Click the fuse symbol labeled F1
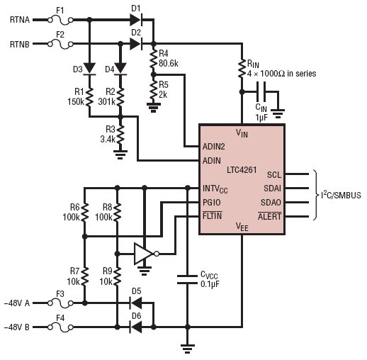(x=60, y=21)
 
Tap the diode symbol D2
(x=136, y=44)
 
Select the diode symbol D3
(x=89, y=69)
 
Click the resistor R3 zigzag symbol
(x=120, y=135)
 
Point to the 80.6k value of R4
(x=169, y=63)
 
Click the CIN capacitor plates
(x=261, y=91)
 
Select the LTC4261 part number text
(x=242, y=170)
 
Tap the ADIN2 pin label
(x=214, y=147)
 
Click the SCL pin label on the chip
(x=274, y=175)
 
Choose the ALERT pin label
(x=270, y=216)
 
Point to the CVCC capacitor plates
(x=187, y=279)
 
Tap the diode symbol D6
(x=136, y=327)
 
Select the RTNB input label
(x=20, y=44)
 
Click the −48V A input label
(x=17, y=303)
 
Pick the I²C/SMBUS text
(x=341, y=195)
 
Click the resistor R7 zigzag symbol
(x=85, y=276)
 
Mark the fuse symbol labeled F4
(x=60, y=327)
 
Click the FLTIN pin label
(x=212, y=215)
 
